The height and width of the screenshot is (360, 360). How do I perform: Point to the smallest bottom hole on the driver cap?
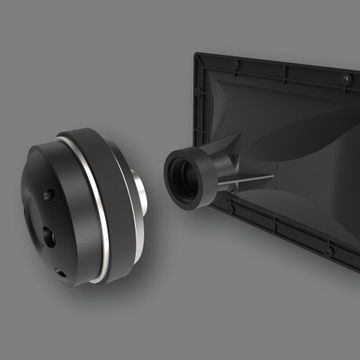click(61, 271)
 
